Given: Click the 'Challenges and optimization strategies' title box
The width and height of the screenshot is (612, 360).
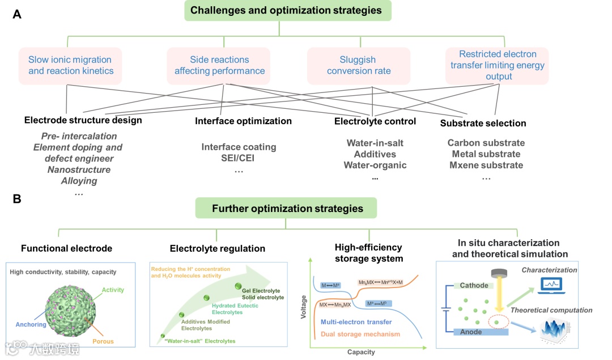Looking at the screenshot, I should click(286, 11).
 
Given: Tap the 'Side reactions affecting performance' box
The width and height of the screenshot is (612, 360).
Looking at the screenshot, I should click(219, 66).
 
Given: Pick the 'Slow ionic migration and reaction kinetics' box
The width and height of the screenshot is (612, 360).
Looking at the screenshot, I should click(71, 66).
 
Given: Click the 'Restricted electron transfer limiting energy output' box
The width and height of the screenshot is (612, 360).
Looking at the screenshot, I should click(497, 66).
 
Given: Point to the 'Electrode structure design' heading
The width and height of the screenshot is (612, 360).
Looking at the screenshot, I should click(83, 120).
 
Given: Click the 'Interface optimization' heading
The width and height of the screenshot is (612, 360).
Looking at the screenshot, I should click(243, 121).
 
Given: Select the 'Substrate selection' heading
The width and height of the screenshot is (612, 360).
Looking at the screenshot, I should click(483, 123).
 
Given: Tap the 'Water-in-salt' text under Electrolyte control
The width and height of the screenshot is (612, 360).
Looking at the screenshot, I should click(375, 143).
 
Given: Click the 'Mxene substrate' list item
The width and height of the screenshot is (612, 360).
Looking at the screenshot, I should click(486, 165).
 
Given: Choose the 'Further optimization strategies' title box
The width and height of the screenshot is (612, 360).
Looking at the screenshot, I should click(287, 208).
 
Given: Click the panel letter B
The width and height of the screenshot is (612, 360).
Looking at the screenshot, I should click(17, 199).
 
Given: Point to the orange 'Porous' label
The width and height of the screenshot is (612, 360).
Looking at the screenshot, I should click(103, 341).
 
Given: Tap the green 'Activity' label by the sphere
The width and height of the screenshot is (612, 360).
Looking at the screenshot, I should click(113, 290).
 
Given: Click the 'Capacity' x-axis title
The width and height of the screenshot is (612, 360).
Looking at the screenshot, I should click(361, 352).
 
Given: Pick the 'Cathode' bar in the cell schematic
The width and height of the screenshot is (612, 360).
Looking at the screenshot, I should click(474, 285).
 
